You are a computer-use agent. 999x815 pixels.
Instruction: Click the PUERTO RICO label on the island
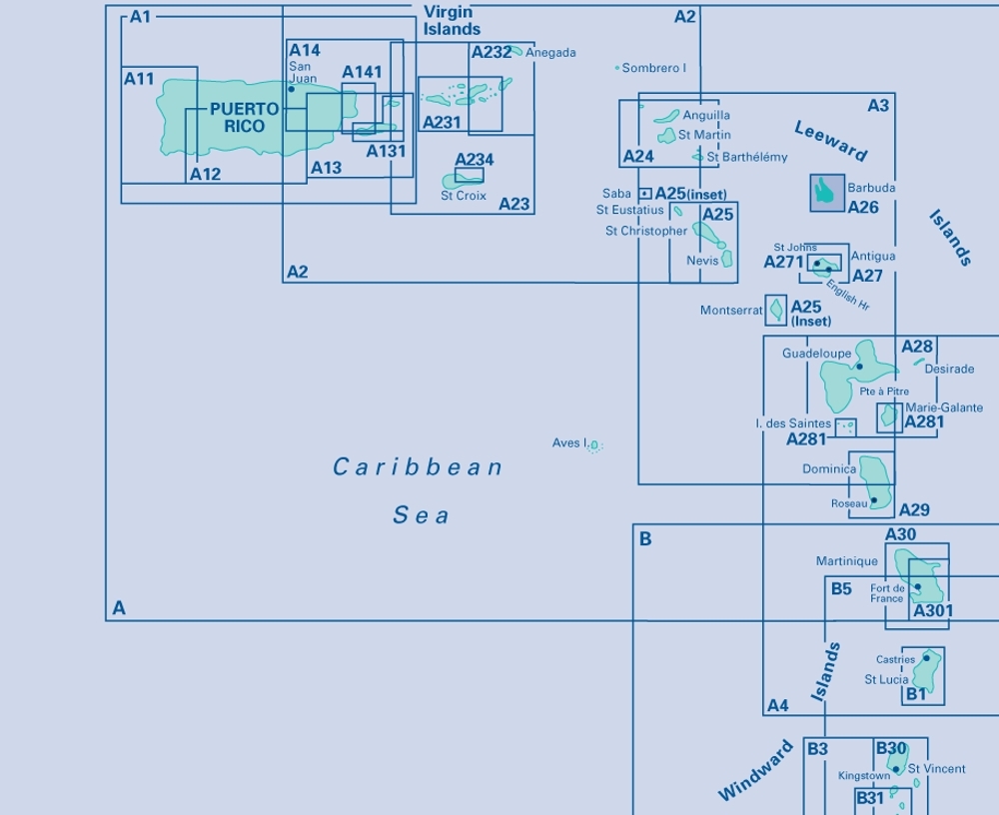click(238, 118)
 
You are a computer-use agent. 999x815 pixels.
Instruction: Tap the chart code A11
click(139, 79)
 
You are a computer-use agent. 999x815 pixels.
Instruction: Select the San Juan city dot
click(291, 89)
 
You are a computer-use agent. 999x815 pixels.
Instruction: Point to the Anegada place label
click(550, 53)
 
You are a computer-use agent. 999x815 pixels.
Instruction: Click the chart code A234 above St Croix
click(474, 160)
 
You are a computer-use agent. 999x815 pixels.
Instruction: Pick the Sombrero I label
click(653, 68)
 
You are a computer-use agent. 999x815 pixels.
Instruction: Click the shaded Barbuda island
click(824, 191)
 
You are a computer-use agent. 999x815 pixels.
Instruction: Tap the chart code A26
click(863, 208)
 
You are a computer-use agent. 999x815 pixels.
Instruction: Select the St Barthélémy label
click(747, 157)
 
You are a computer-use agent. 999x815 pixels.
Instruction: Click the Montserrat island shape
click(774, 311)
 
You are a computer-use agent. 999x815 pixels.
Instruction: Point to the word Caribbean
click(418, 467)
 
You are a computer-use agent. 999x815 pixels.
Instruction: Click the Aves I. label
click(570, 442)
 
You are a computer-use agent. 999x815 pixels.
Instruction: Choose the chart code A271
click(783, 263)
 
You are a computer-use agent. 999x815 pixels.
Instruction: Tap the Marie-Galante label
click(944, 407)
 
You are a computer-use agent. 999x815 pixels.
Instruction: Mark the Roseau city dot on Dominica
click(873, 499)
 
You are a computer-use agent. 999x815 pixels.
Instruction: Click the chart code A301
click(933, 611)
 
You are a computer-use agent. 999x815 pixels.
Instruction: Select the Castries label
click(895, 659)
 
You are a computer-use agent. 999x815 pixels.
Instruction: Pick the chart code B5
click(841, 589)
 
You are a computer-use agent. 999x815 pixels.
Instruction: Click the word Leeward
click(830, 141)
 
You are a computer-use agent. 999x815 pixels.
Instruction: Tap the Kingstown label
click(864, 776)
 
